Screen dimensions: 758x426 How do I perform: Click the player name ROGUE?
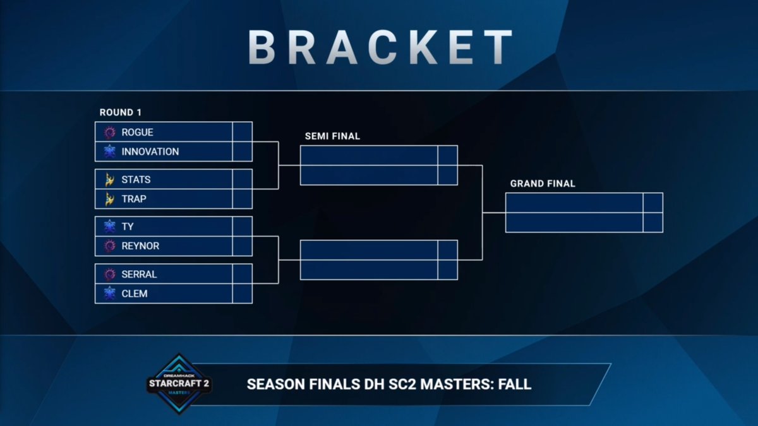pos(137,132)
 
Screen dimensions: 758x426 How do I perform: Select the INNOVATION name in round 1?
pos(150,151)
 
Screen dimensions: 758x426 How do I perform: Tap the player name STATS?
pos(136,179)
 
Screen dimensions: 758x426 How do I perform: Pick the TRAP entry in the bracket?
pos(133,199)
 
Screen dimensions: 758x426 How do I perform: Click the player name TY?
pos(128,227)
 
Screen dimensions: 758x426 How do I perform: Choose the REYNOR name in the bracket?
pos(140,246)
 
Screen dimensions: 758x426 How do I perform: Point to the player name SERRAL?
pos(139,275)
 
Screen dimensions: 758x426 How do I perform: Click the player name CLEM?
pos(135,293)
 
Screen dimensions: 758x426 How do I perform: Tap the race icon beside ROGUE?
pos(110,132)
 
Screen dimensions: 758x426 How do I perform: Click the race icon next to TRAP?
pos(110,199)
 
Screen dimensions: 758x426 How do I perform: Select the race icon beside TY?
pos(110,227)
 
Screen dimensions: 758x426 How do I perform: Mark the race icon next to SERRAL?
pos(110,275)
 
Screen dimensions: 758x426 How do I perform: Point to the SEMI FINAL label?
pos(332,136)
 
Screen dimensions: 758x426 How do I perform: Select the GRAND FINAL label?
pos(543,184)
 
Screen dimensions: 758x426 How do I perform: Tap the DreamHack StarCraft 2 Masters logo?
pos(179,384)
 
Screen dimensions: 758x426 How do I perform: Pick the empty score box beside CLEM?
pos(242,293)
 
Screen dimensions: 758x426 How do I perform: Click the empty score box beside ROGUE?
pos(242,132)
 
